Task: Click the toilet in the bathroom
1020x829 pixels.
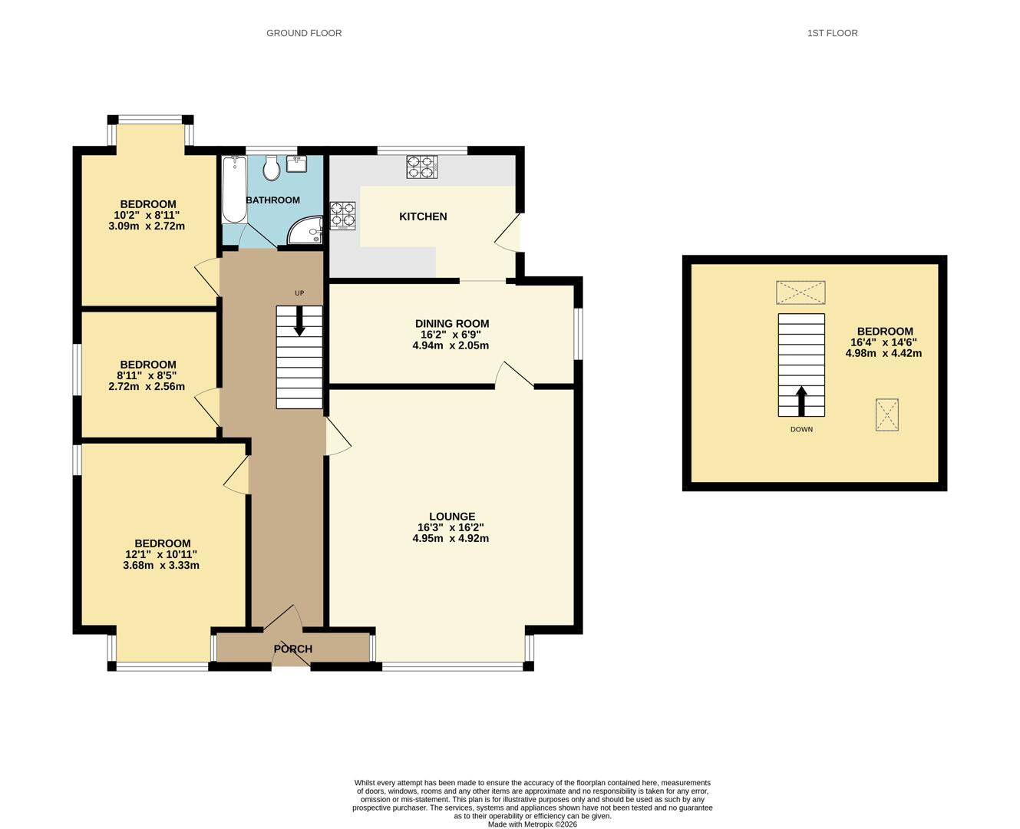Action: tap(272, 167)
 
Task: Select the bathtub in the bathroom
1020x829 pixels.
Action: tap(234, 190)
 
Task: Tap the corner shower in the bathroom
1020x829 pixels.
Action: tap(305, 230)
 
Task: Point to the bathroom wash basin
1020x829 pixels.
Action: tap(296, 163)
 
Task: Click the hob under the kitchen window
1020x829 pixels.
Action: tap(422, 167)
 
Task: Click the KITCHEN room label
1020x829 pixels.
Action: tap(423, 216)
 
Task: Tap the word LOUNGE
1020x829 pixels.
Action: tap(452, 517)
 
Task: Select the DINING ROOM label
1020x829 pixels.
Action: tap(452, 324)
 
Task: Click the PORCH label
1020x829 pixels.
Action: tap(293, 649)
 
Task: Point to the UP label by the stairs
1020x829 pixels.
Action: tap(299, 293)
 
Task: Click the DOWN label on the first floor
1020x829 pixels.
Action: tap(801, 429)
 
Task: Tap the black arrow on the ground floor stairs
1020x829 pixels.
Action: tap(299, 321)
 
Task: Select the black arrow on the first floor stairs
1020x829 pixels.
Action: tap(801, 401)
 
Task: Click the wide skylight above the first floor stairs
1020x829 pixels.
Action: tap(800, 292)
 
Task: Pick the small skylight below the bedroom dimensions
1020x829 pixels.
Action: tap(887, 414)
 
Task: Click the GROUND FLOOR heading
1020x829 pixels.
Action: tap(304, 33)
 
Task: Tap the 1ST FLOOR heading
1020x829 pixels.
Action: tap(832, 33)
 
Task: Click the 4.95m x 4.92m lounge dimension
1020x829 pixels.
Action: tap(451, 538)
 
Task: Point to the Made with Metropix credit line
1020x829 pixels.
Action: tap(533, 824)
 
